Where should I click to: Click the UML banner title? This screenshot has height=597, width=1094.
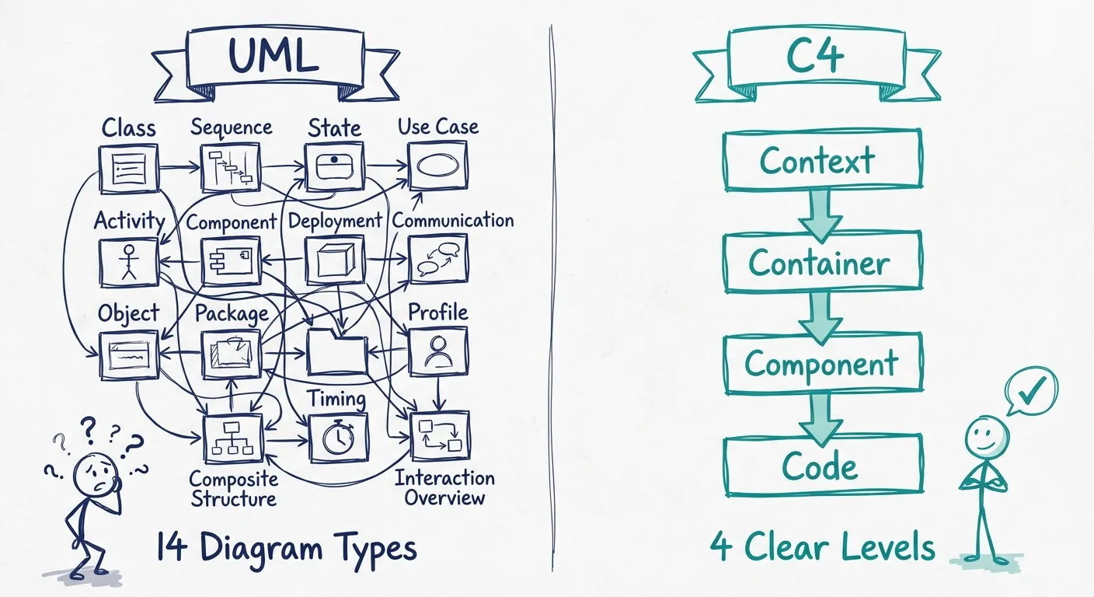(x=273, y=55)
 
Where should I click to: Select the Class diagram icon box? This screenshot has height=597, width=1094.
(x=129, y=168)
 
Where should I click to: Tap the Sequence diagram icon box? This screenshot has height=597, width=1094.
(x=230, y=167)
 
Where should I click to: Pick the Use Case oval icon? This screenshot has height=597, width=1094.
(x=438, y=166)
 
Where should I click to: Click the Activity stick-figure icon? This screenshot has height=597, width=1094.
(x=129, y=261)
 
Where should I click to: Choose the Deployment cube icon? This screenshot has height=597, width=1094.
(x=335, y=260)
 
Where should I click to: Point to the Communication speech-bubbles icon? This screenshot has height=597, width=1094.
(x=438, y=260)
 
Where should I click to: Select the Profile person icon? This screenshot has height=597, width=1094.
(x=438, y=352)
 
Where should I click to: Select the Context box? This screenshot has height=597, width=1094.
(x=822, y=161)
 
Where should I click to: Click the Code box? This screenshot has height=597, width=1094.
(x=822, y=466)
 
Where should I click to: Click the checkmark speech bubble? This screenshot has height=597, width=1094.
(x=1031, y=392)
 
